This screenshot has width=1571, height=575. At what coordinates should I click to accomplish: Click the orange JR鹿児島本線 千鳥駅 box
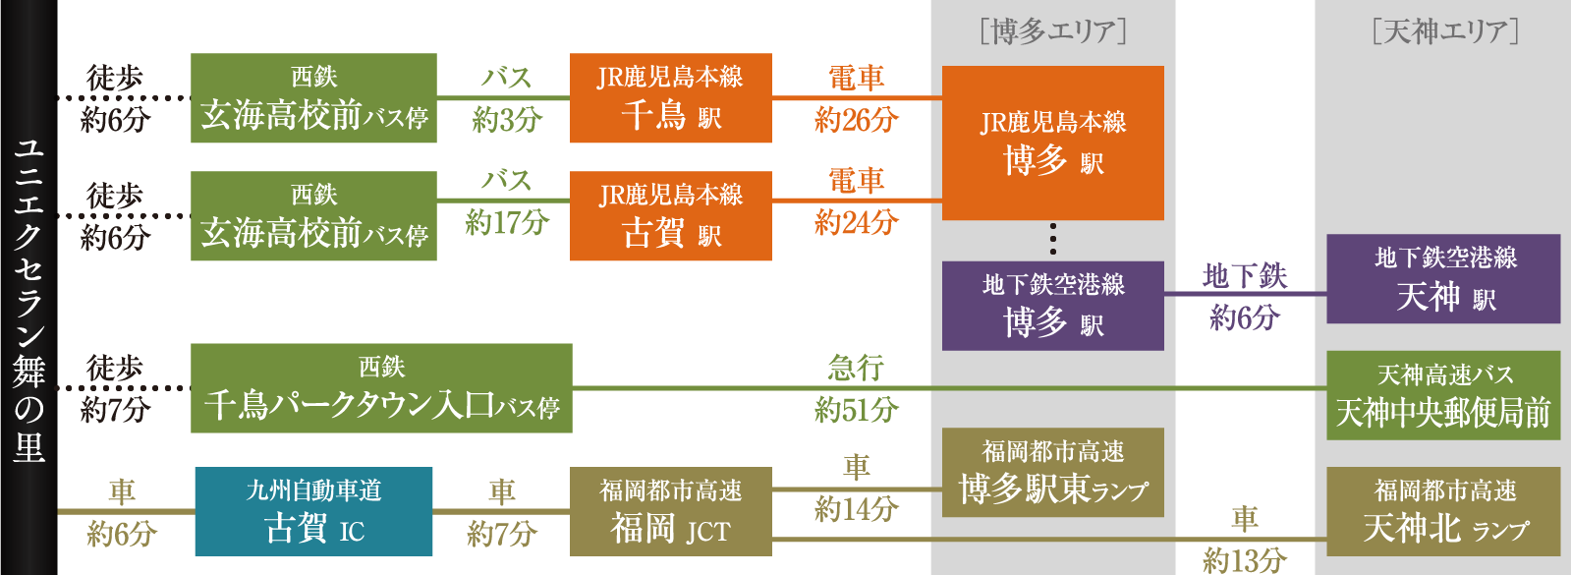coord(670,98)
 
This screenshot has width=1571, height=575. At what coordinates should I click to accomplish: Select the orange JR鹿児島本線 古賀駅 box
coord(670,216)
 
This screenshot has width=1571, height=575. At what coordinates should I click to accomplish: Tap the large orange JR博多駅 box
coord(1052,143)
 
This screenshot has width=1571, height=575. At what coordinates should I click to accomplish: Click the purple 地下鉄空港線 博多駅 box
coord(1052,306)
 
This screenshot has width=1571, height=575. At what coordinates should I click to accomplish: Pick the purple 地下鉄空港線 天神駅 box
coord(1442,279)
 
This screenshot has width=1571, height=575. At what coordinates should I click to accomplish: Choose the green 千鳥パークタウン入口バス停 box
coord(381,388)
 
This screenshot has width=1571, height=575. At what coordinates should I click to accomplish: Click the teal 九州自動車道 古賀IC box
coord(313,511)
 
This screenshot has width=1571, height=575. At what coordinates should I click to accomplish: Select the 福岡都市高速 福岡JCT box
coord(670,511)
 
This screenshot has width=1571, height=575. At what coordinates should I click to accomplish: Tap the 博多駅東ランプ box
coord(1052,473)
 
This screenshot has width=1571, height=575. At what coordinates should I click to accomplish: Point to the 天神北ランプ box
coord(1442,511)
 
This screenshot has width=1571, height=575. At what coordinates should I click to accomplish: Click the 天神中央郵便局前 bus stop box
coord(1442,395)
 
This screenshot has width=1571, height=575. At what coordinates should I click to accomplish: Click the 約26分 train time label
coord(856,120)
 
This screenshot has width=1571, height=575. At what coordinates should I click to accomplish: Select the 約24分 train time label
coord(856,223)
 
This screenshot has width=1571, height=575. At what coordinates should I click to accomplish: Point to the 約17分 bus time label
coord(506,223)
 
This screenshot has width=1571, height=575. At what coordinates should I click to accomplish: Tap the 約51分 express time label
coord(856,410)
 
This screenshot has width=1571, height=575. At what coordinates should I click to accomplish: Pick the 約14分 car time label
coord(856,509)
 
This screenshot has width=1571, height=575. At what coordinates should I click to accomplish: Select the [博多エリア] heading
coord(1052,32)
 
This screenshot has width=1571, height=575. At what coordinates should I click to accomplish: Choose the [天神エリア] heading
coord(1444,32)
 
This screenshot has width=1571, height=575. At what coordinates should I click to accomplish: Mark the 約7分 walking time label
coord(115,410)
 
